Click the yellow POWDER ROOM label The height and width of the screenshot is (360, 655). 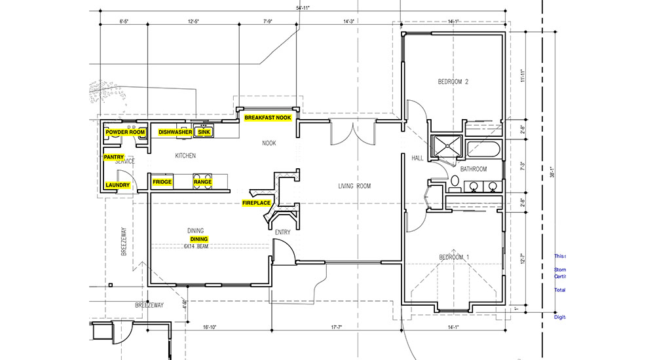coord(125,132)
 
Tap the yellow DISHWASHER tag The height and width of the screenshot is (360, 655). coord(175,132)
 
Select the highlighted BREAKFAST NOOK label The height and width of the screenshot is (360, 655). coord(267,118)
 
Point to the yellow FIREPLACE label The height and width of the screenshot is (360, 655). coord(257,203)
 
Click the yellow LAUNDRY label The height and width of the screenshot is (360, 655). coord(118,185)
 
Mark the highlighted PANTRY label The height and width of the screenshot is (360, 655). coord(114,157)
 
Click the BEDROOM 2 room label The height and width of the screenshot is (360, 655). coord(453,82)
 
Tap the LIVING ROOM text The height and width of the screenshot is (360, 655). coord(354,187)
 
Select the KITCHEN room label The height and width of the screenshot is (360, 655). coord(185,156)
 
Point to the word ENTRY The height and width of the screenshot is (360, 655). coord(283,232)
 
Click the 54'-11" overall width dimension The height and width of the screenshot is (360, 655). coord(303,9)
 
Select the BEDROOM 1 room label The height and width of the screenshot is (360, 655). coord(453,257)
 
